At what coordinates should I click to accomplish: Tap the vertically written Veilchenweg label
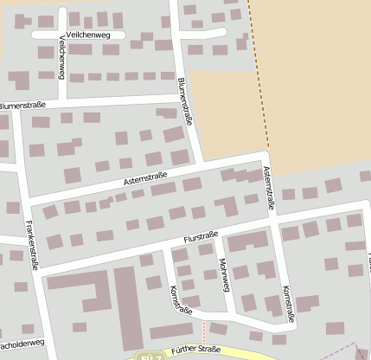coord(61,59)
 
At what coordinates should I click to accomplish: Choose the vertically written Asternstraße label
coord(269,189)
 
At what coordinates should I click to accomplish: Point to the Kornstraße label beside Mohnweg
coord(181,298)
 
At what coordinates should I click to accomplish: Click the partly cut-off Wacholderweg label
coord(19,344)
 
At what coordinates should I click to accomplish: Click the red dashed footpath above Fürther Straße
coord(205,331)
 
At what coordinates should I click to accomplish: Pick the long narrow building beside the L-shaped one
coord(126,302)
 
